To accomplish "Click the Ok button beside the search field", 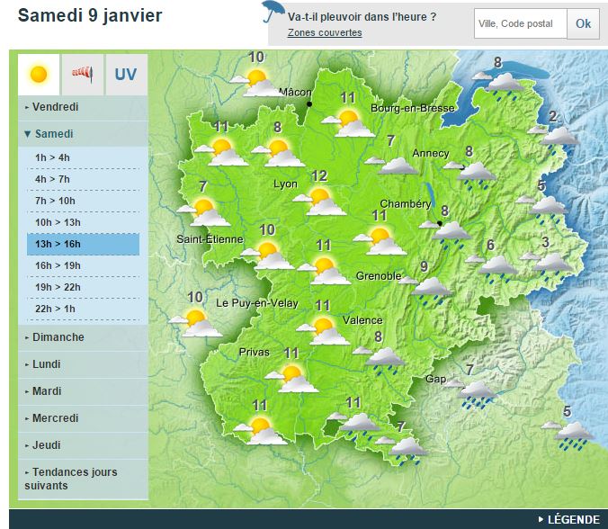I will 583,23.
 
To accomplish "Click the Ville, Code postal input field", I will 521,23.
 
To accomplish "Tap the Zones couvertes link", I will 325,33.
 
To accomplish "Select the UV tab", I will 126,74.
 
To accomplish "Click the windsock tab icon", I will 83,74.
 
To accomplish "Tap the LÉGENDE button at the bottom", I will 573,519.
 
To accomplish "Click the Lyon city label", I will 284,184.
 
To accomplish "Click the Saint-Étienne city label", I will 210,239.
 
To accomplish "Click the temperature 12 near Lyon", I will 318,175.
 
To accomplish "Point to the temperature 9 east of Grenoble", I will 424,265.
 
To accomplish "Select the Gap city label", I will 435,379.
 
